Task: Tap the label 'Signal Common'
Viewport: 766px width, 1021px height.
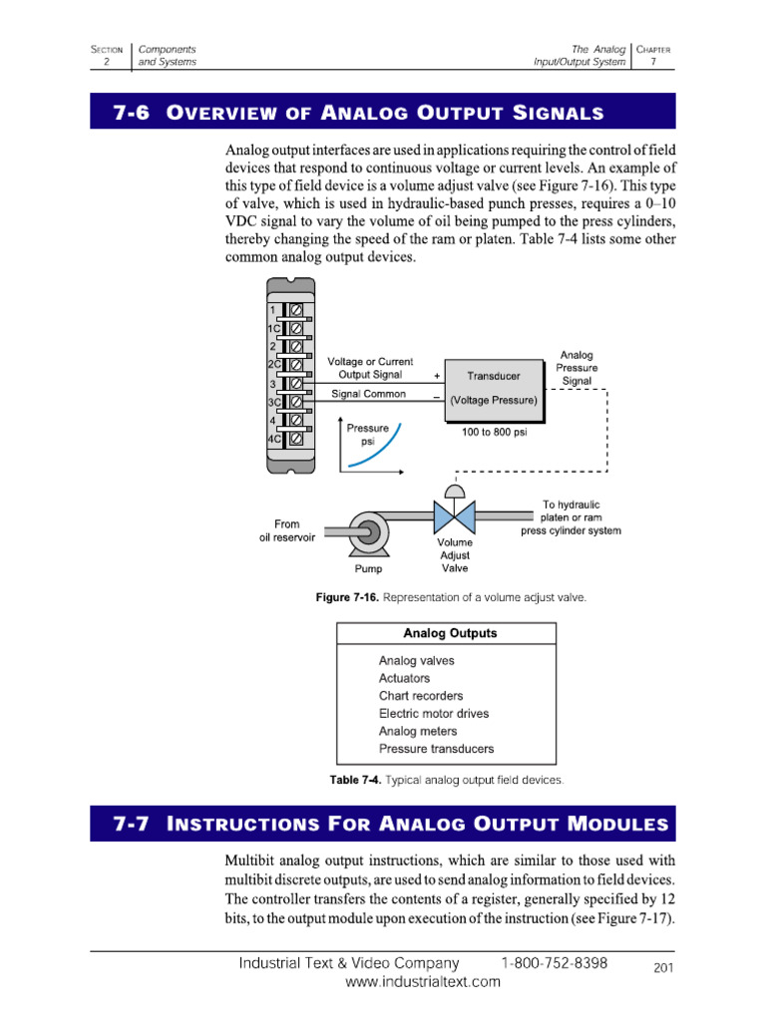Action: point(368,394)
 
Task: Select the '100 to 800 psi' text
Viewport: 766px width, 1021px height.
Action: point(494,434)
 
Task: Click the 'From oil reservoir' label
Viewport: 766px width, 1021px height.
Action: point(286,530)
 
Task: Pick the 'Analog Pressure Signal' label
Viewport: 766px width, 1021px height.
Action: point(576,368)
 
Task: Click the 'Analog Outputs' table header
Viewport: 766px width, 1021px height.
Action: point(450,633)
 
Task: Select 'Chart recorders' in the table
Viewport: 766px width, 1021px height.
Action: point(421,696)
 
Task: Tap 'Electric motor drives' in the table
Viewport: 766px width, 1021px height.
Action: point(434,714)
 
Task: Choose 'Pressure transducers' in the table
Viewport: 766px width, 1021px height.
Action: point(436,749)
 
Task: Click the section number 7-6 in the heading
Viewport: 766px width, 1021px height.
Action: point(131,113)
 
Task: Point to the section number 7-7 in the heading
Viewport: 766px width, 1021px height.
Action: point(131,825)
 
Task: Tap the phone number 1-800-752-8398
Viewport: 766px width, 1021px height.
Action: point(555,963)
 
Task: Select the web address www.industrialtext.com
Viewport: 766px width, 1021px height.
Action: point(423,982)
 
